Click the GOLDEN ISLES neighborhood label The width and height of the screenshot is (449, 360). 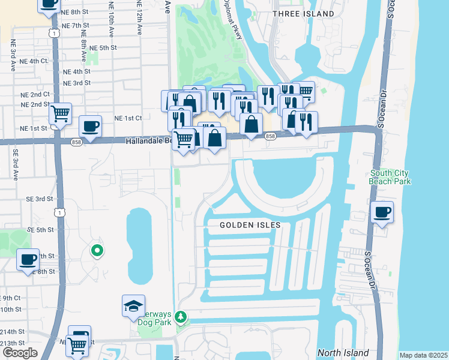(x=250, y=225)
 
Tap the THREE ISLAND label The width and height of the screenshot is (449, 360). (x=303, y=13)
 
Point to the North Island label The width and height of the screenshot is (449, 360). (x=342, y=353)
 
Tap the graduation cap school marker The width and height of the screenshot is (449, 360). (x=133, y=307)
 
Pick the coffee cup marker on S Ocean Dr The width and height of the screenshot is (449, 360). (x=382, y=212)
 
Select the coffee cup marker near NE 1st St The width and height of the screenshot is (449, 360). (x=90, y=127)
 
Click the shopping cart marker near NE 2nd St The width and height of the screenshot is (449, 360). (x=60, y=113)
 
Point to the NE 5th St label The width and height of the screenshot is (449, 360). (x=103, y=47)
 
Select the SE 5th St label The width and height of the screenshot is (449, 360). (x=40, y=230)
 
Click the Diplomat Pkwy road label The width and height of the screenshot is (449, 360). (x=234, y=21)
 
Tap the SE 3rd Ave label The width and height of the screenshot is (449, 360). (x=14, y=162)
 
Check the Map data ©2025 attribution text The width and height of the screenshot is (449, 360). (x=423, y=355)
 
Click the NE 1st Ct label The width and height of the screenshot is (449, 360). (x=127, y=118)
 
